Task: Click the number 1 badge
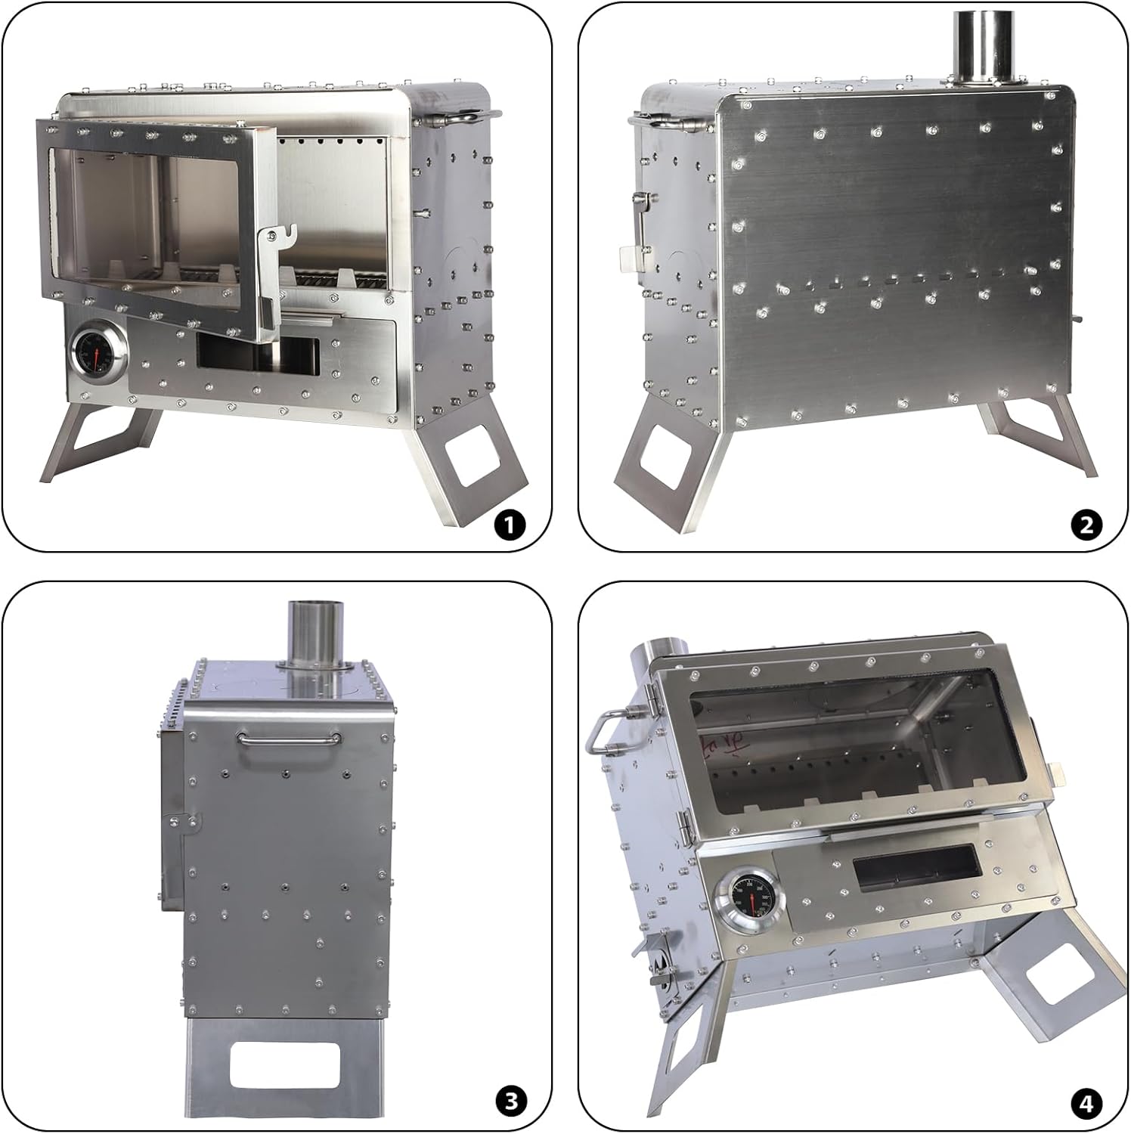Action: point(510,524)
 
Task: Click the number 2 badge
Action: point(1086,524)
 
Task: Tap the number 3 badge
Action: point(511,1101)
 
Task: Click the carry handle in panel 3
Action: point(287,739)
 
